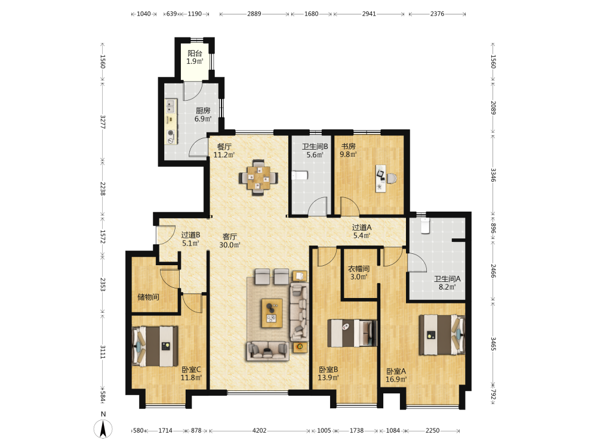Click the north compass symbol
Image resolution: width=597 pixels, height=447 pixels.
pos(103,429)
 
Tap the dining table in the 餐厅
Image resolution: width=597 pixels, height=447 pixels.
pos(259,178)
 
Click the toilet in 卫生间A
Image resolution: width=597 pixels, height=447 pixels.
pos(424,225)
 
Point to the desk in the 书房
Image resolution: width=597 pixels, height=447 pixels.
pos(381,178)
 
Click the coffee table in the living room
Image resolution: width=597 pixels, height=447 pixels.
pos(272,313)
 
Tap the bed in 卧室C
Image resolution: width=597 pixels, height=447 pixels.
pos(155,346)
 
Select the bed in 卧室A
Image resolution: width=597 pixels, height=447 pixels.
pos(442,335)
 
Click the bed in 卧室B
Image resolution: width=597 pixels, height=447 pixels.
pos(352,333)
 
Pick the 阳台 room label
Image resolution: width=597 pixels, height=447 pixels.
pos(195,53)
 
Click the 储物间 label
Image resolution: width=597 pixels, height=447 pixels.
pos(148,297)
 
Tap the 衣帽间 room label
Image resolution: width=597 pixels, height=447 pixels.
pos(359,269)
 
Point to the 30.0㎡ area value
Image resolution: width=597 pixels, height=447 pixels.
pos(230,245)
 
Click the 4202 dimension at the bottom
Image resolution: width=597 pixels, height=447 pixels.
pos(259,431)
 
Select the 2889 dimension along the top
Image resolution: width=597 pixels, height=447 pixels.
pos(254,14)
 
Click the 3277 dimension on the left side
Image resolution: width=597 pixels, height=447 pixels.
pos(103,122)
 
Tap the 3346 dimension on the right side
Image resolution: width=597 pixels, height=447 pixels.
pos(493,175)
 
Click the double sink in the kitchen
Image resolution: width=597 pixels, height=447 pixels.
pos(171,106)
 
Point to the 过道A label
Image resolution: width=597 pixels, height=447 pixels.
pos(362,227)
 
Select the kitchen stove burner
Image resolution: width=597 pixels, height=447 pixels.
pos(171,134)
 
